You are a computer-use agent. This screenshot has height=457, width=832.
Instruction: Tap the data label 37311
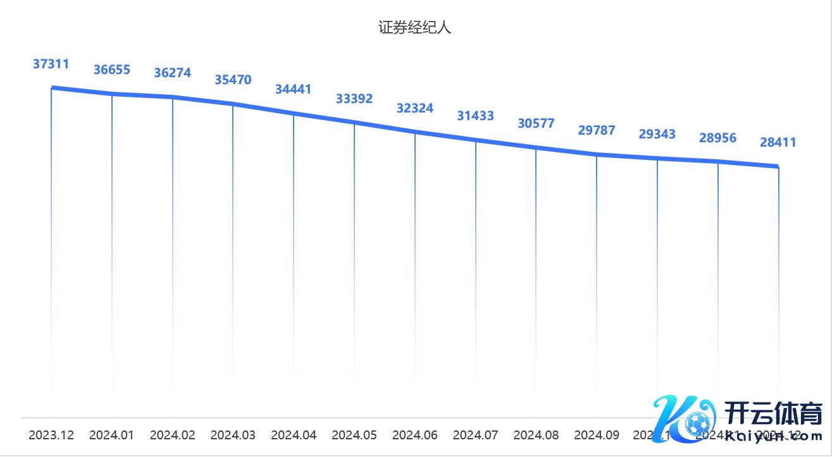click(51, 63)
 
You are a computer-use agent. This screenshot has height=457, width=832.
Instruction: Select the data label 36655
click(112, 70)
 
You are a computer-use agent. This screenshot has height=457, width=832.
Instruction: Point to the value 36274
click(172, 73)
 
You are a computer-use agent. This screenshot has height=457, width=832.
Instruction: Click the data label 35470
click(233, 80)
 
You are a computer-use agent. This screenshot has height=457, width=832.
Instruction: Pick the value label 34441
click(293, 89)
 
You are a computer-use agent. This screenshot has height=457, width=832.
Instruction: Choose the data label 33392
click(354, 99)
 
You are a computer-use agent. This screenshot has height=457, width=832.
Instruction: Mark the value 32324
click(415, 108)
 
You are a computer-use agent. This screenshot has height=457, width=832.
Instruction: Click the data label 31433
click(476, 116)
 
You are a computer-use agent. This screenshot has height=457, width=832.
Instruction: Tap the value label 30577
click(536, 123)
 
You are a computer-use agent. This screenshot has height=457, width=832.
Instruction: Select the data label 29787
click(597, 131)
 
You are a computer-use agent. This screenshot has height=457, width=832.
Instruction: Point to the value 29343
click(657, 134)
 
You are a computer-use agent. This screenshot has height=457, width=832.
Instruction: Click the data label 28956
click(718, 138)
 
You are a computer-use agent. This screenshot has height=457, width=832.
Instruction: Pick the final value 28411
click(778, 143)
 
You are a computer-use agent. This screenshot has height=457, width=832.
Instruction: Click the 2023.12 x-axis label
click(51, 436)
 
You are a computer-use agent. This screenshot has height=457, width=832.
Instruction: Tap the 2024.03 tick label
click(233, 436)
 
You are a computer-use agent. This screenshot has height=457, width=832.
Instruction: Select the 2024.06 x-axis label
click(415, 436)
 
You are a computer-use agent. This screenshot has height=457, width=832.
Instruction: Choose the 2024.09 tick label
click(597, 436)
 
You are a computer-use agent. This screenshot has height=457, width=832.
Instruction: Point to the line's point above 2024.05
click(354, 123)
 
